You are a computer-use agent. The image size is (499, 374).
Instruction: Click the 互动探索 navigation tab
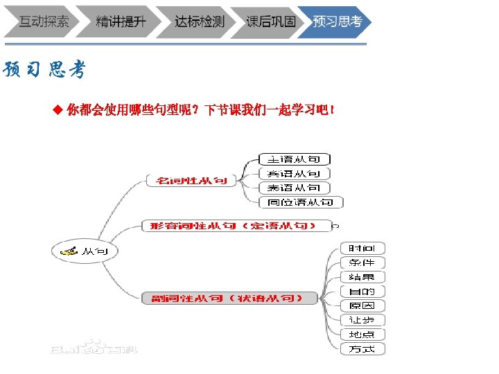click(x=43, y=21)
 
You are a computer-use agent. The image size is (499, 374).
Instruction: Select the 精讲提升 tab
click(x=121, y=21)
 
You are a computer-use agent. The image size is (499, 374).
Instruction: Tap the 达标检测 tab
click(x=199, y=21)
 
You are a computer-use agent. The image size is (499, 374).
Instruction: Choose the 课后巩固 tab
click(x=271, y=21)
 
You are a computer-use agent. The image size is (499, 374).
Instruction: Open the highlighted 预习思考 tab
click(x=337, y=21)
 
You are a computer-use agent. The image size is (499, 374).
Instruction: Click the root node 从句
click(x=85, y=251)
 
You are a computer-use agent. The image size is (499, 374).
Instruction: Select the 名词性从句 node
click(x=191, y=181)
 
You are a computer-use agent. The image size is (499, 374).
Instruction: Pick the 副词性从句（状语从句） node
click(x=229, y=298)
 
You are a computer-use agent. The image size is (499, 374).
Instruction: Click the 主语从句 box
click(x=294, y=159)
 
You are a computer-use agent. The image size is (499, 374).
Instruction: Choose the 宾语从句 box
click(x=294, y=174)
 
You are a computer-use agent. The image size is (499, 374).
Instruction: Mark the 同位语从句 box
click(x=300, y=202)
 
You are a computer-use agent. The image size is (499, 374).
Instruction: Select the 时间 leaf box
click(x=362, y=248)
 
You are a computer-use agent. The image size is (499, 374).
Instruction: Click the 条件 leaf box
click(x=362, y=262)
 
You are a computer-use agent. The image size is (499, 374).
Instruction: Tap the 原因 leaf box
click(x=362, y=305)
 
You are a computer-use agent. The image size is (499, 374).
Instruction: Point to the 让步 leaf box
click(x=362, y=320)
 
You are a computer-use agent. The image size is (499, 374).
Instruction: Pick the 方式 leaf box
click(x=362, y=348)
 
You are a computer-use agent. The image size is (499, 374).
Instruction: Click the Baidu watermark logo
click(x=93, y=346)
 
